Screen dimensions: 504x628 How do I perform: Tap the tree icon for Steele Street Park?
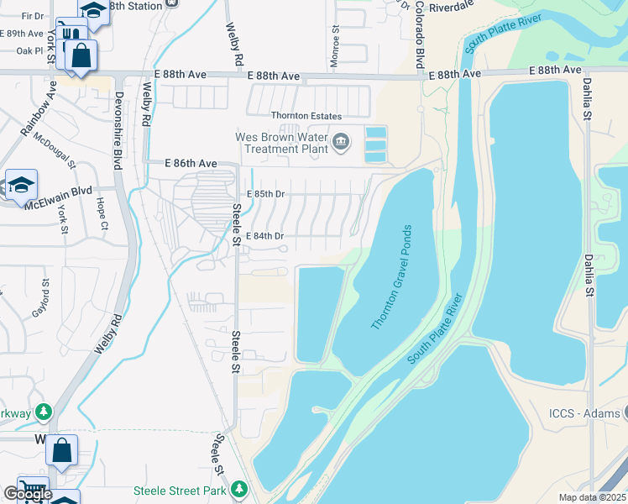(240, 489)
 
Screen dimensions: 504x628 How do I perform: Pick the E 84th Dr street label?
(265, 236)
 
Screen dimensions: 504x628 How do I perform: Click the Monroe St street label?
(335, 40)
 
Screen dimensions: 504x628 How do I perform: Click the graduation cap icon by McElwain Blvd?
(20, 186)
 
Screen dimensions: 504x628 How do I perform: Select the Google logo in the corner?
(28, 494)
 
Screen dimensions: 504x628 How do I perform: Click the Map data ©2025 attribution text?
(591, 497)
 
